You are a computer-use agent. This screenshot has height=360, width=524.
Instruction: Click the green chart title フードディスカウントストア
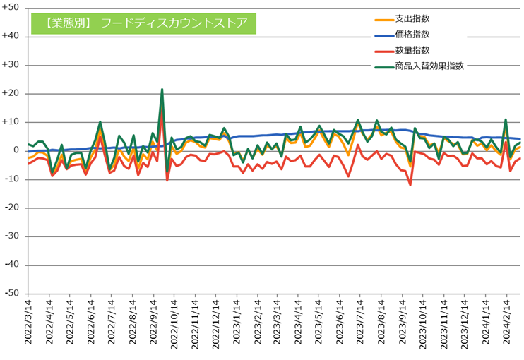[x=143, y=23]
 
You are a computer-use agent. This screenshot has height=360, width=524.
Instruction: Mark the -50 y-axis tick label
[x=12, y=294]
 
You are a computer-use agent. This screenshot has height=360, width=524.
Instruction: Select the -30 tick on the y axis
[x=12, y=236]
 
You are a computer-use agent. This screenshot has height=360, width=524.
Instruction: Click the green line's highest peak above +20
[x=162, y=90]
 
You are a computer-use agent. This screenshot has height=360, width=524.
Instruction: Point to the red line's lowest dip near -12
[x=410, y=185]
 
